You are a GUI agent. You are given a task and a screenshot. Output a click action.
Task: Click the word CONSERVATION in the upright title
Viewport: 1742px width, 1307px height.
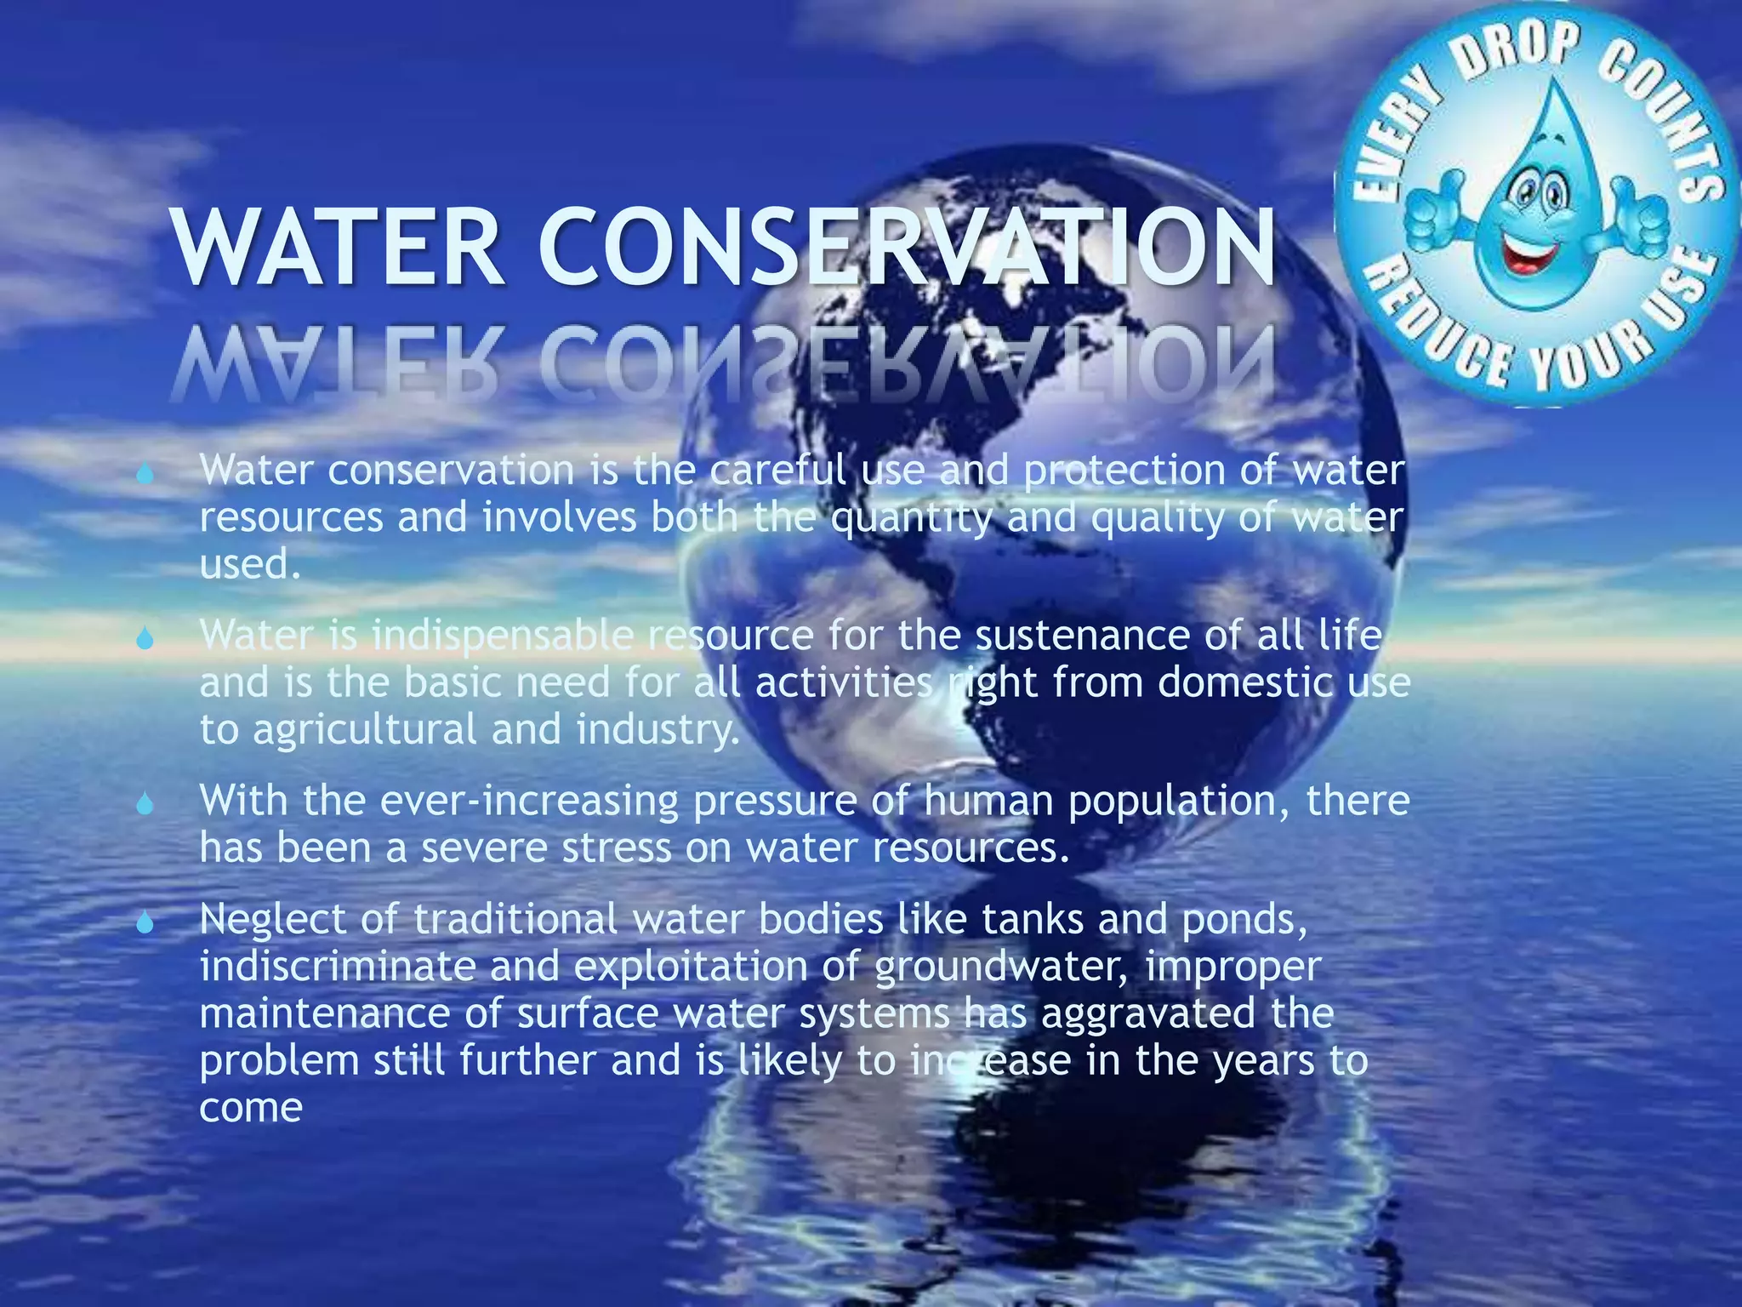[x=906, y=248]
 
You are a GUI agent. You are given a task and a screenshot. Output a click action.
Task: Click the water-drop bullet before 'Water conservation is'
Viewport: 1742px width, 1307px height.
[x=145, y=473]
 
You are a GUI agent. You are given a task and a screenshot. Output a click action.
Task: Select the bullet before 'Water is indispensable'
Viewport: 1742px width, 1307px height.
[x=145, y=638]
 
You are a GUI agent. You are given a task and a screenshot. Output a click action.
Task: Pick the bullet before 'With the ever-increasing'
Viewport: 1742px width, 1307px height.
[x=145, y=803]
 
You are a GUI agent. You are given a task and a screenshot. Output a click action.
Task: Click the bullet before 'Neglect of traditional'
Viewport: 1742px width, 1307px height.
[x=145, y=922]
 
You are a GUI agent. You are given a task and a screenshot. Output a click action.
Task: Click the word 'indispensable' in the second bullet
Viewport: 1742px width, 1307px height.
[x=503, y=636]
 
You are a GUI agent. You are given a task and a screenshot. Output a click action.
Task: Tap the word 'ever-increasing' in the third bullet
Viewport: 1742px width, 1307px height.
[x=529, y=801]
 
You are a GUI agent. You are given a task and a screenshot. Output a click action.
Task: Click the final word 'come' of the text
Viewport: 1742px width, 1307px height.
[x=251, y=1108]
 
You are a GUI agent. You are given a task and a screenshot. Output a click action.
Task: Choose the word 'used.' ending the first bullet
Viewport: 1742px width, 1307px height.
[x=250, y=564]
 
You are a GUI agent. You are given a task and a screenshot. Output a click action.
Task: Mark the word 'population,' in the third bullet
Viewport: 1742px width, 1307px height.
[x=1180, y=802]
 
